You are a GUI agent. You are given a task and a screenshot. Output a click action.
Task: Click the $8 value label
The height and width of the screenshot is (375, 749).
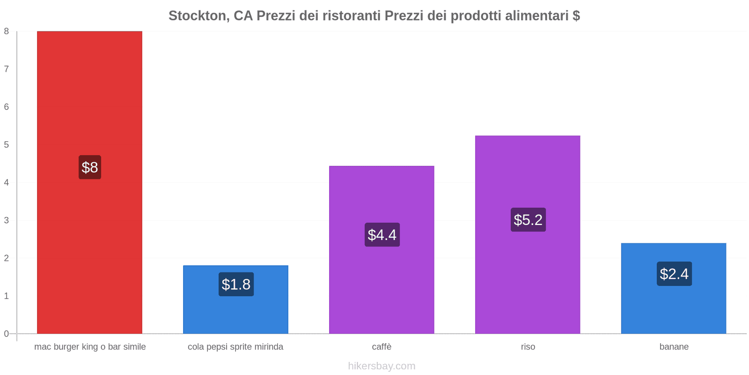coord(90,167)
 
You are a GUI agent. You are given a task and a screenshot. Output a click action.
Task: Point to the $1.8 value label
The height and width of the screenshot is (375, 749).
coord(236,285)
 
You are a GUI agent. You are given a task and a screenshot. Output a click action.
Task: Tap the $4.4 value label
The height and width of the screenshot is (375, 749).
coord(382,235)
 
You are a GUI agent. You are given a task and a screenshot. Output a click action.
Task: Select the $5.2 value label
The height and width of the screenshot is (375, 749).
coord(528,220)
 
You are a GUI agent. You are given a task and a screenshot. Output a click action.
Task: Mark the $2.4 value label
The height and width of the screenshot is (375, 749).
coord(674,274)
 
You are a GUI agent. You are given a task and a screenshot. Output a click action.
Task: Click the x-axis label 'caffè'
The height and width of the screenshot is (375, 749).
coord(382,347)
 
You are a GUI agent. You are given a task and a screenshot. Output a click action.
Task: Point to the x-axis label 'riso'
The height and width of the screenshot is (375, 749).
coord(528,347)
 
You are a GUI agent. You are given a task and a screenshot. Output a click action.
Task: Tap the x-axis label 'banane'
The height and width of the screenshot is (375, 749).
coord(674,347)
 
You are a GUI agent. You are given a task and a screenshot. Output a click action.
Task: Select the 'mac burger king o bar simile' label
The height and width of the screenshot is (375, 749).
coord(90,347)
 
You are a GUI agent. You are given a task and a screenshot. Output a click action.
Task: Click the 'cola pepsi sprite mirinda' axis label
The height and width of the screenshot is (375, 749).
coord(235,347)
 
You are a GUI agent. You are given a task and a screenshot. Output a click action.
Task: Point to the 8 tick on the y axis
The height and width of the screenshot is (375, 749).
coord(7,31)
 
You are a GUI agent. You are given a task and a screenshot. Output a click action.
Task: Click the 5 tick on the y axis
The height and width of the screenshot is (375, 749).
coord(7,145)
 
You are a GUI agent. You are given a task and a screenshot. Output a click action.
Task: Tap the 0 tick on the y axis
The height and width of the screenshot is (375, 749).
coord(7,334)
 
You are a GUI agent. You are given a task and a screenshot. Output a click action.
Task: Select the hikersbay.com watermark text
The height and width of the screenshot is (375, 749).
coord(382,366)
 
